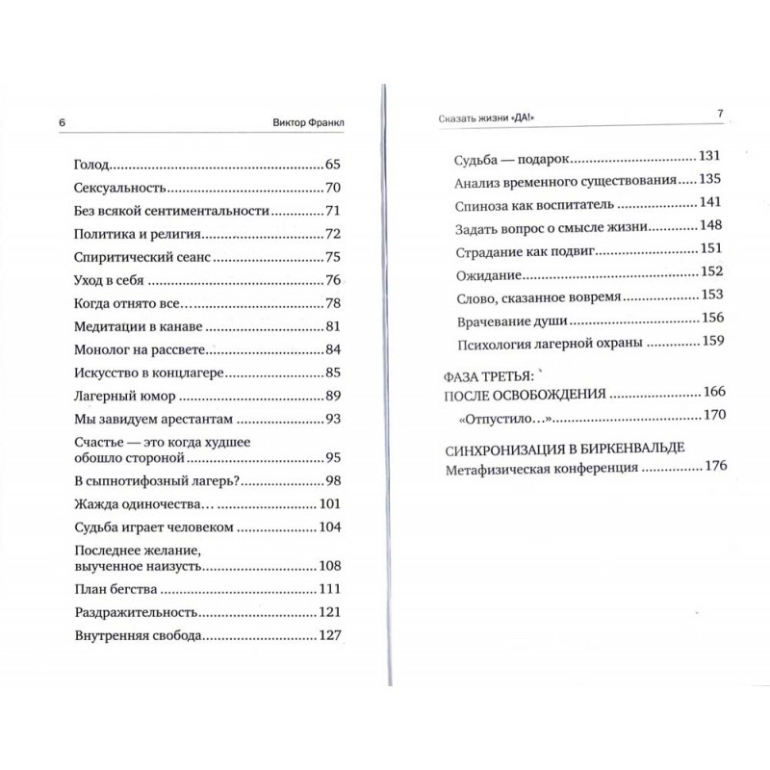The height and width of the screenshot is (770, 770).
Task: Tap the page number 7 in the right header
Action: [x=719, y=114]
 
